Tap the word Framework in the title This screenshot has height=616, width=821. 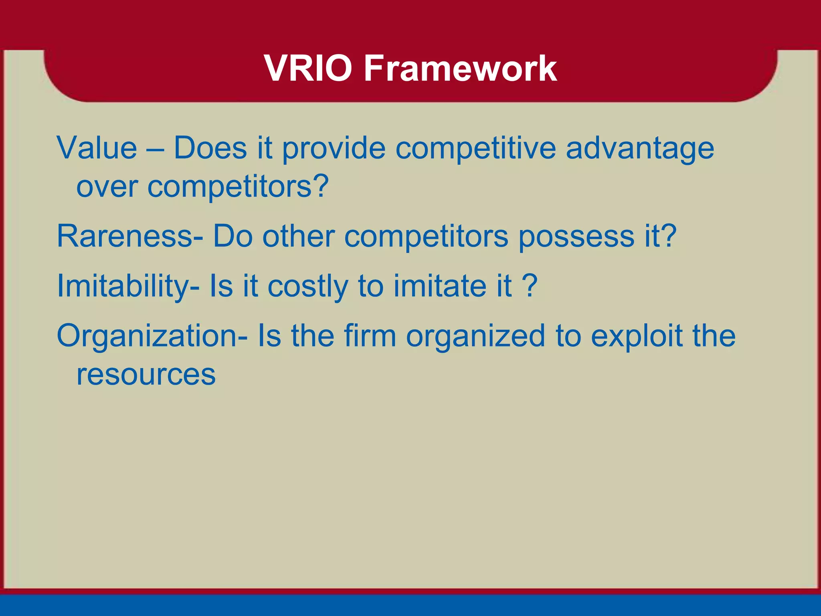point(460,69)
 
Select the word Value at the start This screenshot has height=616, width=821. point(97,148)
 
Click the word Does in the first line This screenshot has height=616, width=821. point(210,148)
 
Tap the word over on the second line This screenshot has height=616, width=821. point(107,186)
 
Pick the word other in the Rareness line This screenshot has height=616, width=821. point(298,236)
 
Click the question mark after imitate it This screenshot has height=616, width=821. point(530,286)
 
